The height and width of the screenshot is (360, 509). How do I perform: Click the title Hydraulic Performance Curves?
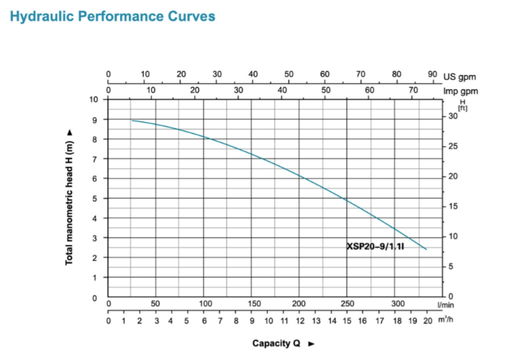click(x=113, y=16)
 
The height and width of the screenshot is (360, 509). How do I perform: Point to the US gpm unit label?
click(x=460, y=77)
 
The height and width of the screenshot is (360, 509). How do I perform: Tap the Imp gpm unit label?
click(x=461, y=91)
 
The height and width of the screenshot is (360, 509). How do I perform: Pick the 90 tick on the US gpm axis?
click(x=432, y=74)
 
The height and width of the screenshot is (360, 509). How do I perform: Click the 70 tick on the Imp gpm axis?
click(x=413, y=90)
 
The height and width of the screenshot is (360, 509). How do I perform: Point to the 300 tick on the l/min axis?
click(x=397, y=304)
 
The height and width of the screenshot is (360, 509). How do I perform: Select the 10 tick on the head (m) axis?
click(x=93, y=99)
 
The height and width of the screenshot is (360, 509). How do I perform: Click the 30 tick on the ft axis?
click(x=452, y=116)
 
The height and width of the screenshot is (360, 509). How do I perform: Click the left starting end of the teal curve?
click(x=132, y=120)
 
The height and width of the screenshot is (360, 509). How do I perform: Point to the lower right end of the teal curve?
click(x=426, y=249)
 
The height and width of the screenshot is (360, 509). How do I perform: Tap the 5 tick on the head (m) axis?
click(x=94, y=199)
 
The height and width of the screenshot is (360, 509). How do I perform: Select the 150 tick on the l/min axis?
click(x=254, y=304)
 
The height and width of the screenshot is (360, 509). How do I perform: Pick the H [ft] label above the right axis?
click(x=462, y=104)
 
